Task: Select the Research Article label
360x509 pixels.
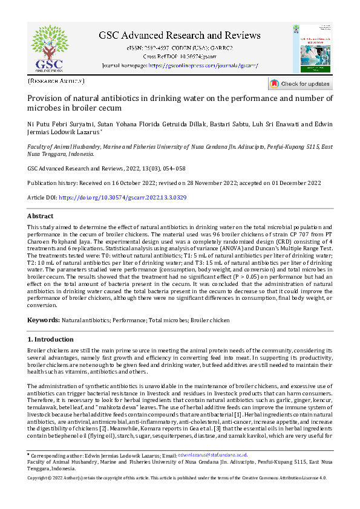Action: click(56, 80)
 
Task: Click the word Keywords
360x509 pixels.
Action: click(43, 319)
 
